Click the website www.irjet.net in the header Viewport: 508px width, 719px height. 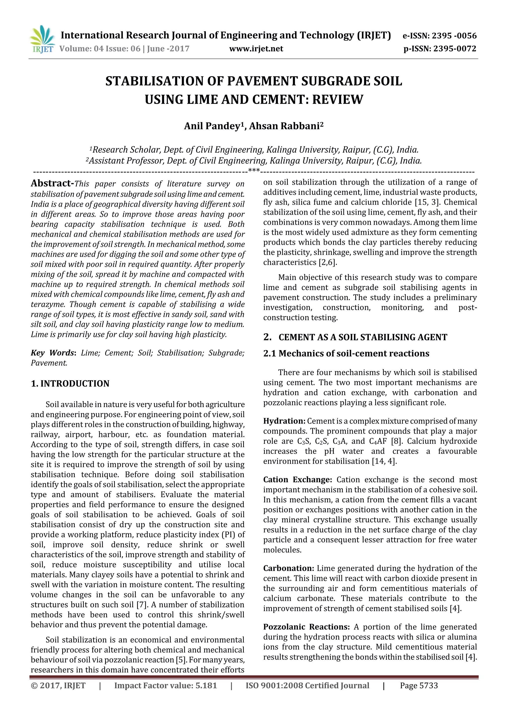pyautogui.click(x=256, y=49)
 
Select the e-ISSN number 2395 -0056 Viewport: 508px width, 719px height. pyautogui.click(x=454, y=36)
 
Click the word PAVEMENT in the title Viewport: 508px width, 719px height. pyautogui.click(x=263, y=81)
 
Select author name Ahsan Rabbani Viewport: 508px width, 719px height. pyautogui.click(x=284, y=126)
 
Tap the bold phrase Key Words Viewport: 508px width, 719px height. pyautogui.click(x=53, y=353)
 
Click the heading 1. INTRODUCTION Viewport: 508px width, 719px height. pyautogui.click(x=70, y=384)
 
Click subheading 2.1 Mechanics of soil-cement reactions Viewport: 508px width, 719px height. pyautogui.click(x=346, y=354)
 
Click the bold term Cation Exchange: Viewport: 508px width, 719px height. pyautogui.click(x=297, y=480)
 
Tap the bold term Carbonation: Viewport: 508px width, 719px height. pyautogui.click(x=288, y=568)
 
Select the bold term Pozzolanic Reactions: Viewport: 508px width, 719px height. pyautogui.click(x=306, y=627)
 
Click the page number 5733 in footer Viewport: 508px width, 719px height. pyautogui.click(x=428, y=686)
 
